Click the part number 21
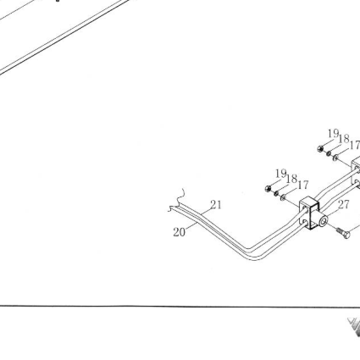[216, 205]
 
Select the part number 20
[180, 232]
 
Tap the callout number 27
[344, 205]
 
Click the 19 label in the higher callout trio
[333, 134]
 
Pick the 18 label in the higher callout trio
[344, 139]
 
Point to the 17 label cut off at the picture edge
[355, 146]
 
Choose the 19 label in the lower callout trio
[281, 174]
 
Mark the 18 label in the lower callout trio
[291, 179]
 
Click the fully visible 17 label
[303, 186]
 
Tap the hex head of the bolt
[346, 235]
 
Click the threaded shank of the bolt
[340, 231]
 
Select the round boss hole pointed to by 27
[324, 220]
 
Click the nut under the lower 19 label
[269, 188]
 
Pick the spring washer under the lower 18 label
[276, 193]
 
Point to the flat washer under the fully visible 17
[283, 197]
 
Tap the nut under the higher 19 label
[320, 148]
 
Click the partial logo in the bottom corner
[354, 327]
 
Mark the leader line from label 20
[191, 226]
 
